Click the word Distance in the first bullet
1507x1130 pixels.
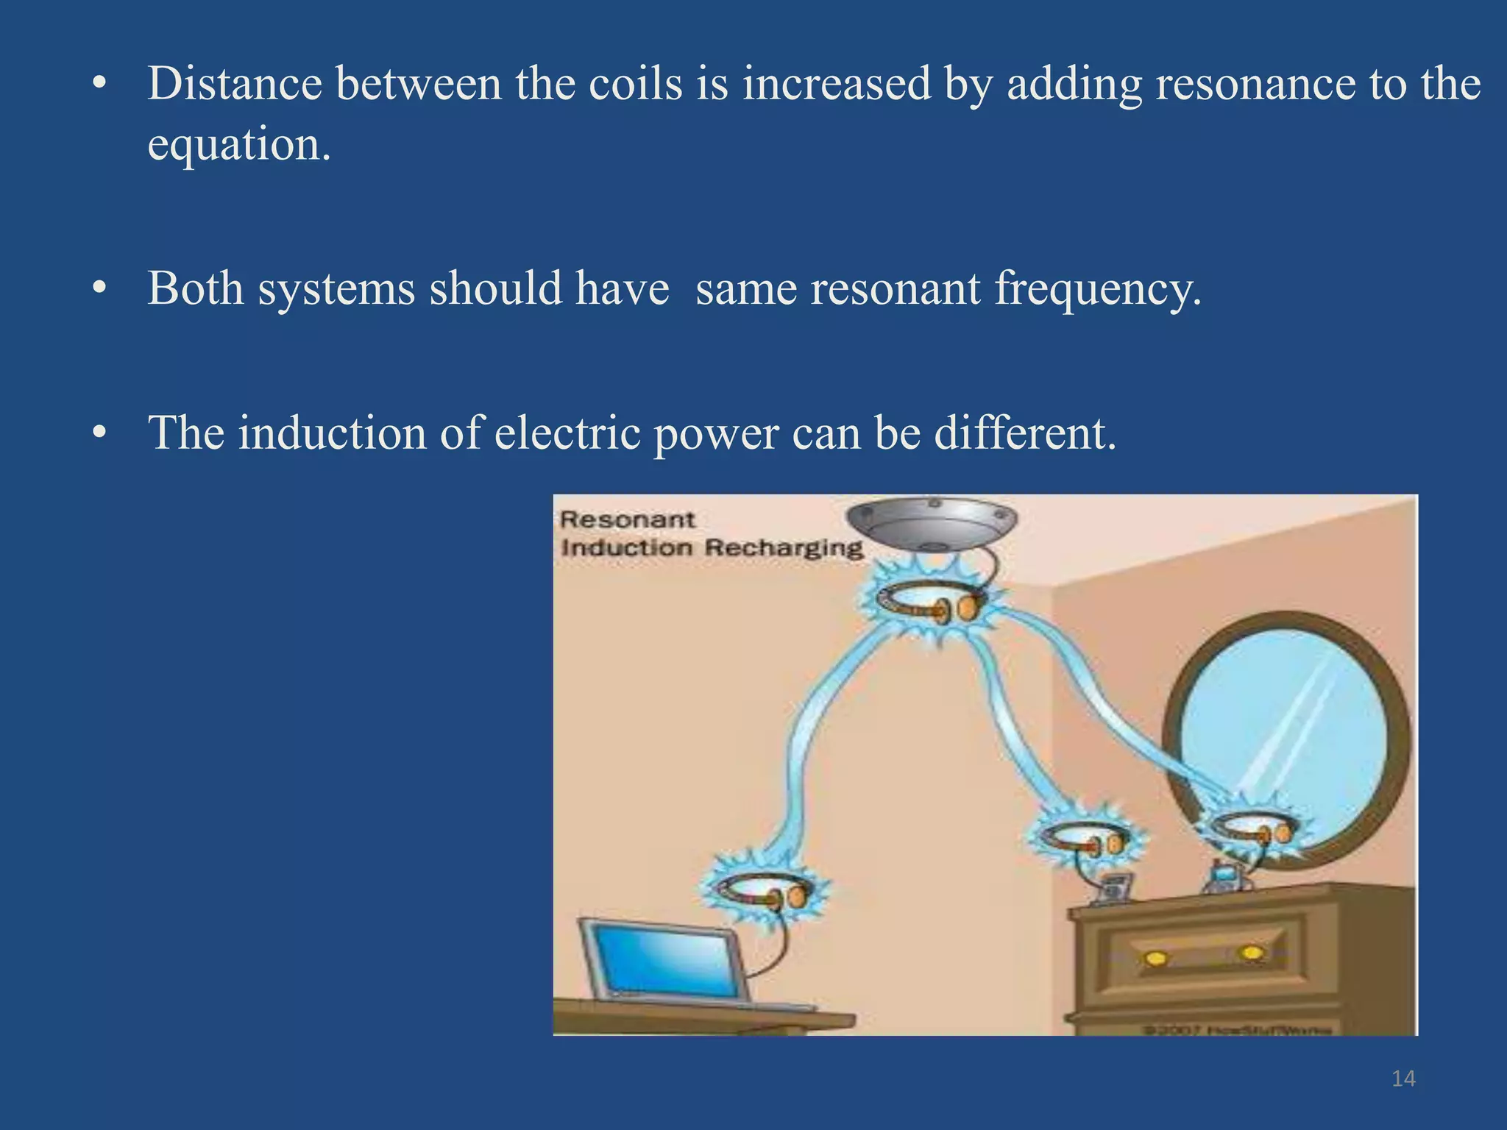pyautogui.click(x=235, y=84)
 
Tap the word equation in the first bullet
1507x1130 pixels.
pyautogui.click(x=238, y=144)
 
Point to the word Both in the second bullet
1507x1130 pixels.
pyautogui.click(x=195, y=288)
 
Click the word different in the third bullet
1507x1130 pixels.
pyautogui.click(x=1025, y=433)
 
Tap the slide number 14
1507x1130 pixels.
pyautogui.click(x=1403, y=1079)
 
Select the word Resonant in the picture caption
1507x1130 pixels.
pyautogui.click(x=627, y=519)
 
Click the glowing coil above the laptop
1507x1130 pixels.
pyautogui.click(x=762, y=889)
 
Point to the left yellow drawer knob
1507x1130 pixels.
pyautogui.click(x=1157, y=958)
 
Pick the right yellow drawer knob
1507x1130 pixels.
pyautogui.click(x=1252, y=953)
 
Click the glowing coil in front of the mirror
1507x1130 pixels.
pyautogui.click(x=1247, y=830)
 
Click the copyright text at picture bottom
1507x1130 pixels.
pyautogui.click(x=1236, y=1029)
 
